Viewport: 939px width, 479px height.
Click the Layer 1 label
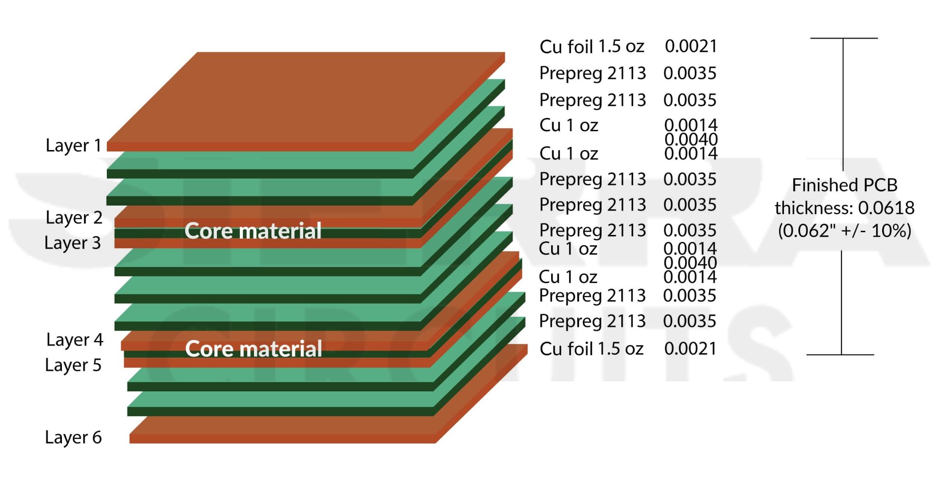73,145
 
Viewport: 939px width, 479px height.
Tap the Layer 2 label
74,217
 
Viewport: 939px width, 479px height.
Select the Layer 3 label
72,243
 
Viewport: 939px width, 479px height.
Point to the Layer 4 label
75,340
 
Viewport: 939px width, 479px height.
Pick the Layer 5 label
73,365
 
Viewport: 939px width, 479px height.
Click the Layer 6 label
73,437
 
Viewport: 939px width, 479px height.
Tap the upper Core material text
253,231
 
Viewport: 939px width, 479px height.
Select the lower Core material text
254,349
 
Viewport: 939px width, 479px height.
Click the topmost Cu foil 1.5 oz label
592,47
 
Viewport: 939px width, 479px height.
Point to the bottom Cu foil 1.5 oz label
592,349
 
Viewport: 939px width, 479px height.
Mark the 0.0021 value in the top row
691,46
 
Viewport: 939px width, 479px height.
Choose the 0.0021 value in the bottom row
690,349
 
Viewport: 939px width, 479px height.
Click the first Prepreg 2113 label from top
592,73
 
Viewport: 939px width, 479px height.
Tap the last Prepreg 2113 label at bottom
592,321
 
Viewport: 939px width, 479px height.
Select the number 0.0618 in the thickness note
886,208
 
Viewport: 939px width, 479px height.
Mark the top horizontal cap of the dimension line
844,38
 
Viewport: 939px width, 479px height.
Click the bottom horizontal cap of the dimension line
840,355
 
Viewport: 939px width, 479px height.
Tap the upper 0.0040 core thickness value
691,139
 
